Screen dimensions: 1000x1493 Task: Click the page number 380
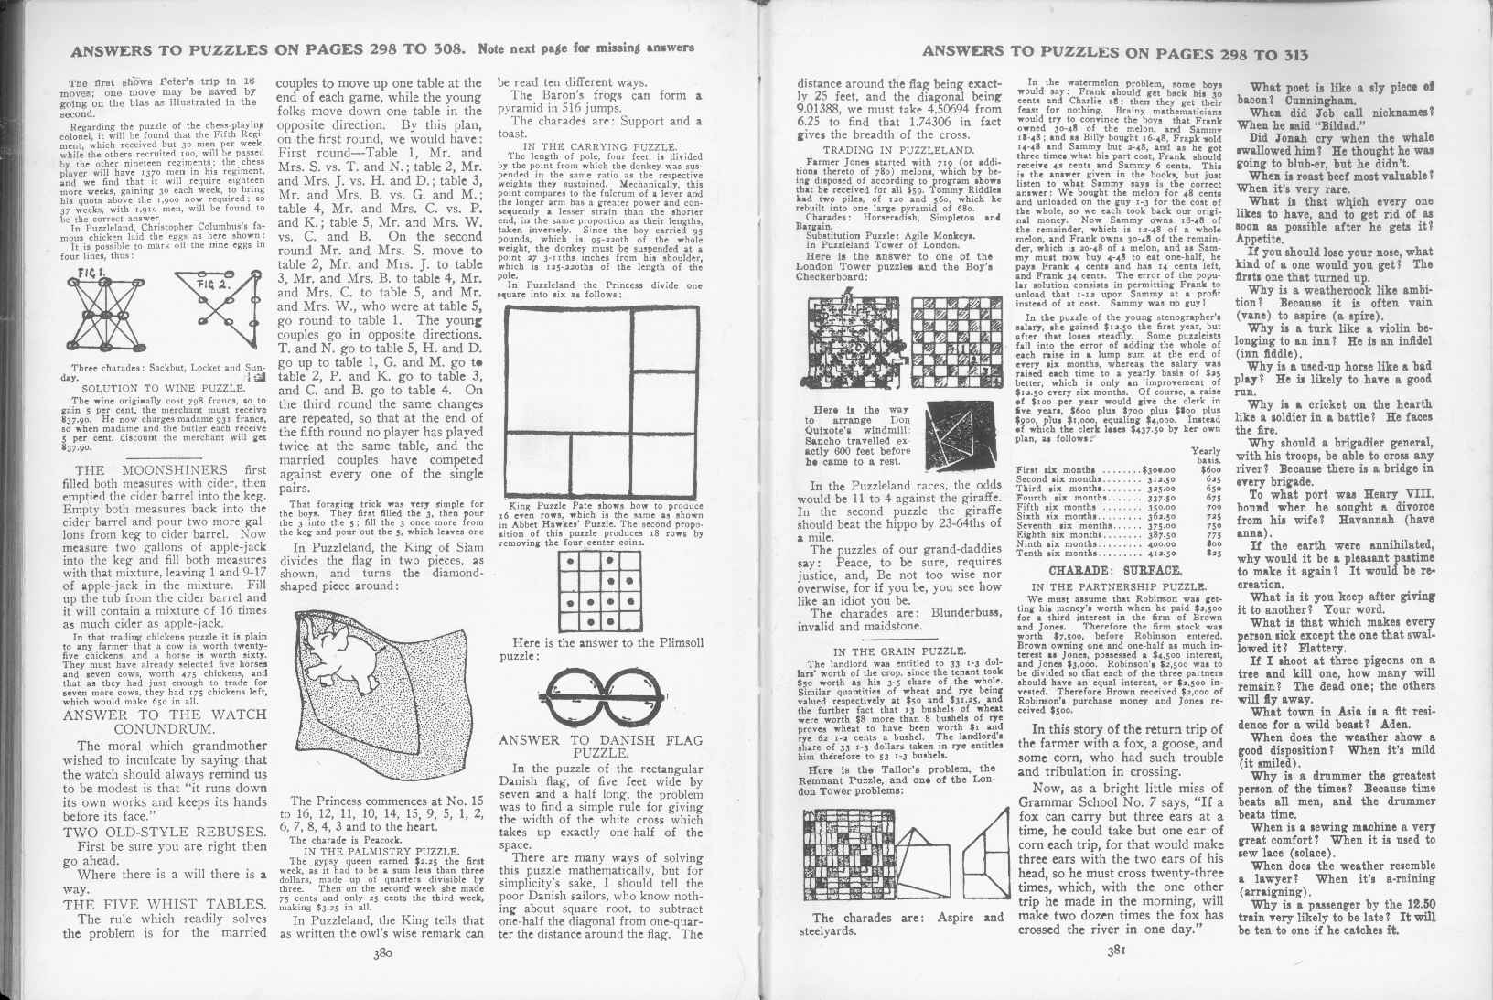(x=382, y=977)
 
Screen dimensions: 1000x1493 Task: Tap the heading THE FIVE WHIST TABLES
(x=165, y=905)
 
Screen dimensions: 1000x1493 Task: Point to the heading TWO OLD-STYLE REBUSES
(x=165, y=832)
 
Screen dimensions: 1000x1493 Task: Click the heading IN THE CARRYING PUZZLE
(x=599, y=145)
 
